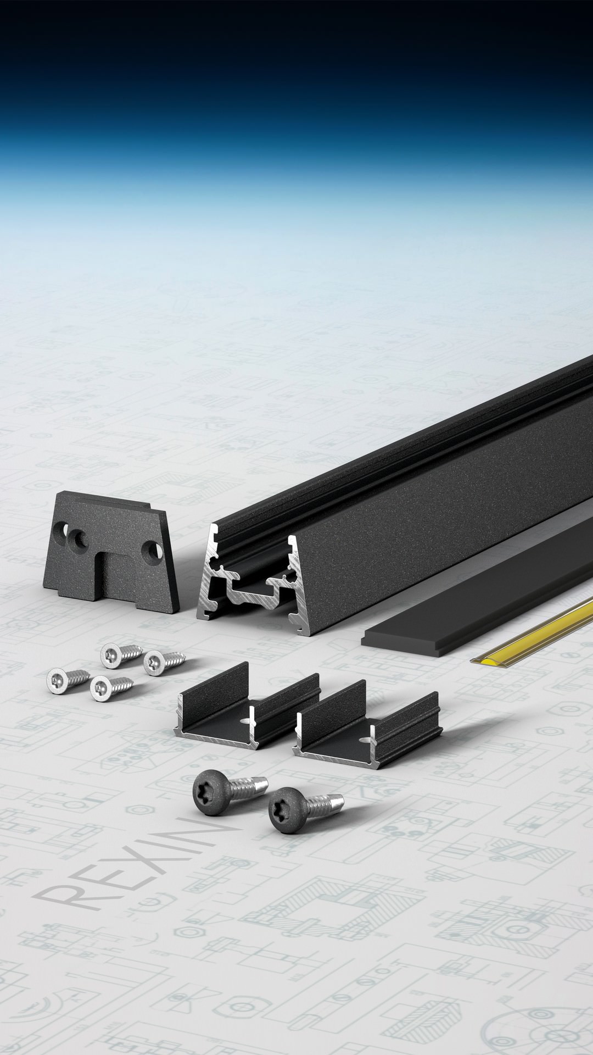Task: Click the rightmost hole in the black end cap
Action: [x=151, y=550]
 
